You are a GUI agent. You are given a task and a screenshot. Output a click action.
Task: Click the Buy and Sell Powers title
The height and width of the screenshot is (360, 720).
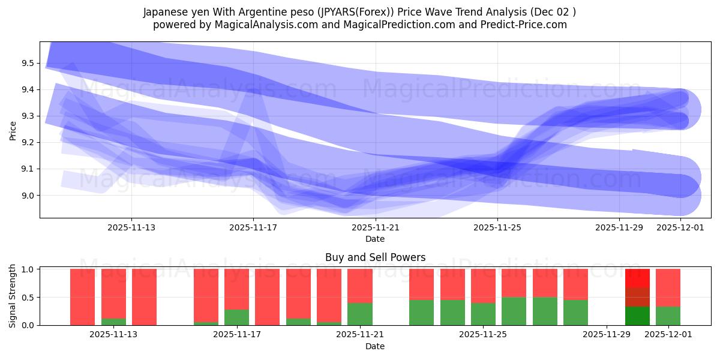375,257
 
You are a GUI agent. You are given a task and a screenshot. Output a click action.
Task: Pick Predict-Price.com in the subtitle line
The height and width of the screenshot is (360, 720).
520,25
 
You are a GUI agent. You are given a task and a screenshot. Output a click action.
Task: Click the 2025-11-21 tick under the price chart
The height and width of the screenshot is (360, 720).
375,227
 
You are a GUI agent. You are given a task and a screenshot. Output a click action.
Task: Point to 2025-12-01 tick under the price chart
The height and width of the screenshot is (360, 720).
680,227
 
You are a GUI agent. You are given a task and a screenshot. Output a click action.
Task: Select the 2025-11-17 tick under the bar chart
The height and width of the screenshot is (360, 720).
237,334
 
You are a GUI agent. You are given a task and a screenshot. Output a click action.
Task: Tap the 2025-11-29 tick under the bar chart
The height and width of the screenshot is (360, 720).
607,334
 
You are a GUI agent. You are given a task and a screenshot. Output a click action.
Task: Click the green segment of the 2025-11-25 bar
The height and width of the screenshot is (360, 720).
483,314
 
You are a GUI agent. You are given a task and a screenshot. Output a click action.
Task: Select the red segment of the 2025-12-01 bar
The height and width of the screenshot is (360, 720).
668,287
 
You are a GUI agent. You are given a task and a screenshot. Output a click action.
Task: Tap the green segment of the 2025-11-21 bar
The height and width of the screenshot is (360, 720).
360,314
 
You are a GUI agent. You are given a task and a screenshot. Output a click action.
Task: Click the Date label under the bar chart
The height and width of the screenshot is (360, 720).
375,346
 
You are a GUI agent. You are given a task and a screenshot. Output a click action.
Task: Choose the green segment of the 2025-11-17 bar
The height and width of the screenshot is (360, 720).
237,317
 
